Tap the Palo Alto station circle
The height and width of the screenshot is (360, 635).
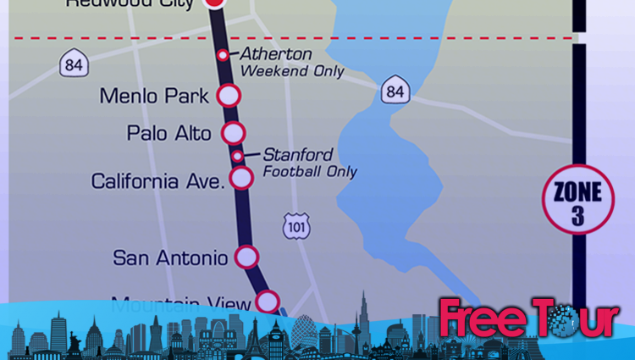click(x=233, y=133)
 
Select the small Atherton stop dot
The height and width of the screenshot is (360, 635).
click(x=223, y=55)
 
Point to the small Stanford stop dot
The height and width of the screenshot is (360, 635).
click(x=238, y=156)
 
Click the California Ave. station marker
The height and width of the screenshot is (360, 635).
click(x=242, y=177)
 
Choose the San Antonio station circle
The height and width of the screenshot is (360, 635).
click(x=246, y=257)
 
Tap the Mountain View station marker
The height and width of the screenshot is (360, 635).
click(x=268, y=301)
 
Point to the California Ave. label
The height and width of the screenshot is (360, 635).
click(x=158, y=181)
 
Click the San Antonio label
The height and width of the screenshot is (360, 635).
click(x=170, y=258)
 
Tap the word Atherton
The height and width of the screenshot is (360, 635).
click(x=276, y=54)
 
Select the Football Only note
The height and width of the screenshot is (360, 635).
click(x=310, y=171)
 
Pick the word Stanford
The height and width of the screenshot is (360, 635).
click(x=297, y=155)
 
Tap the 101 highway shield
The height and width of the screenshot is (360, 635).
click(x=296, y=226)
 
